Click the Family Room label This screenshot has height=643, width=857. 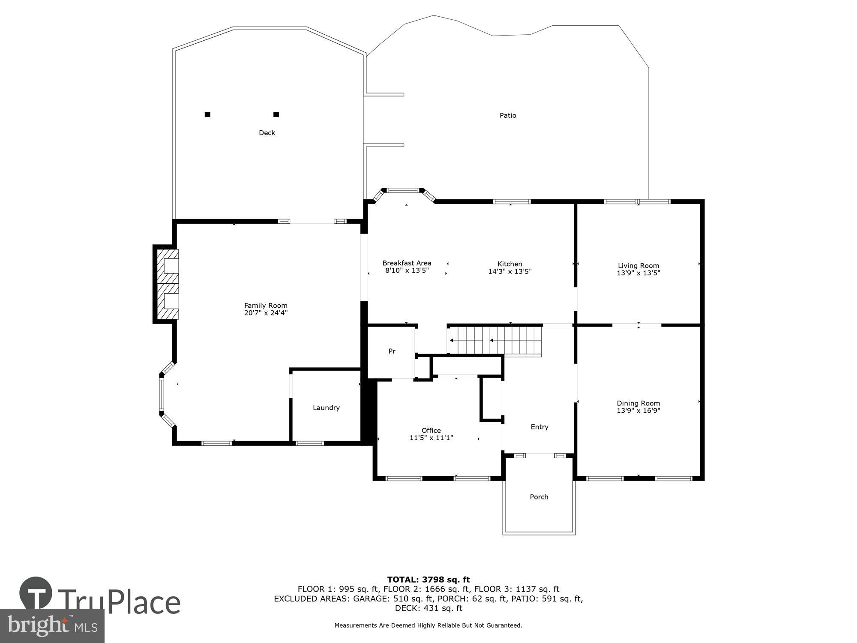pyautogui.click(x=266, y=306)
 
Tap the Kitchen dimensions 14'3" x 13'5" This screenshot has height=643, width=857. pyautogui.click(x=510, y=271)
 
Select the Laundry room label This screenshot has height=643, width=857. pyautogui.click(x=326, y=408)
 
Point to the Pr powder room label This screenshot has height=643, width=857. pyautogui.click(x=392, y=351)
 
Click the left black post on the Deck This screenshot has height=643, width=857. pyautogui.click(x=207, y=114)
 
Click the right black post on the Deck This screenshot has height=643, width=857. pyautogui.click(x=276, y=114)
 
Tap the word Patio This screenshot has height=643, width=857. pyautogui.click(x=508, y=115)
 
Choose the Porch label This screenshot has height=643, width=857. pyautogui.click(x=539, y=497)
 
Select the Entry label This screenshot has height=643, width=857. pyautogui.click(x=539, y=427)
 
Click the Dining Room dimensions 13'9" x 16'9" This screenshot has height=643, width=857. pyautogui.click(x=638, y=411)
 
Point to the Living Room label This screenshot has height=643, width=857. pyautogui.click(x=638, y=266)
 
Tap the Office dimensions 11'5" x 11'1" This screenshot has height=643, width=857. pyautogui.click(x=431, y=438)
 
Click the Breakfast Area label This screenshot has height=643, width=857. pyautogui.click(x=407, y=263)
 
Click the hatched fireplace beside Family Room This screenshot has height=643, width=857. pyautogui.click(x=167, y=284)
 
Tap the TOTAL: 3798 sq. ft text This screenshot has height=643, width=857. pyautogui.click(x=428, y=580)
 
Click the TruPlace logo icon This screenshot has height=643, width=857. pyautogui.click(x=36, y=594)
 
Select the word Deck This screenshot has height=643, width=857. pyautogui.click(x=267, y=133)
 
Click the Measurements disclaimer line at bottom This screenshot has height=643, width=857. pyautogui.click(x=428, y=625)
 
